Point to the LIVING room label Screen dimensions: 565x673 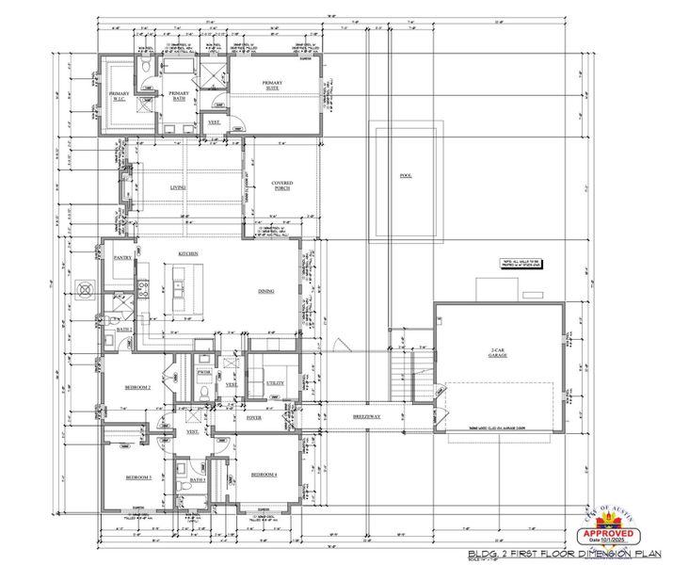tap(178, 187)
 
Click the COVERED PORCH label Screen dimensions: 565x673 tap(281, 186)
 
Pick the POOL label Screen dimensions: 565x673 tap(406, 176)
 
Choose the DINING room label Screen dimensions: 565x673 tap(266, 292)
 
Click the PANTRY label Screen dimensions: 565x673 tap(121, 257)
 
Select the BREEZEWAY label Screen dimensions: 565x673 tap(366, 415)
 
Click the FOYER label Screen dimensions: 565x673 tap(253, 415)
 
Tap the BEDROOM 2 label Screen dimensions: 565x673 tap(137, 387)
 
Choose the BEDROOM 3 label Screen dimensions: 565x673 tap(138, 478)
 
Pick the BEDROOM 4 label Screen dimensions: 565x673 tap(264, 475)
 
